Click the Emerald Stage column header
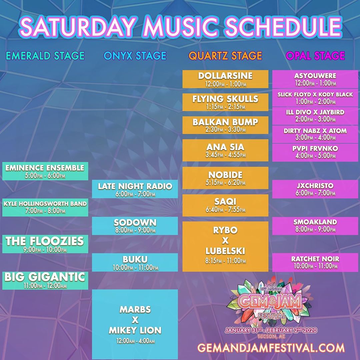tap(45, 56)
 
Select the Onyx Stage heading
tap(135, 56)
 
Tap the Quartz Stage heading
tap(225, 56)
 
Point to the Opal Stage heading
tap(315, 56)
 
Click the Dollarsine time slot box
tap(225, 79)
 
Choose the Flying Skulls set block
tap(225, 102)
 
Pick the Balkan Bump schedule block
tap(225, 125)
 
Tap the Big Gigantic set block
tap(45, 280)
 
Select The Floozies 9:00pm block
tap(45, 244)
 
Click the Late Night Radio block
tap(135, 189)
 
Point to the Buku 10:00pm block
tap(135, 262)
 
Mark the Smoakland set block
tap(315, 226)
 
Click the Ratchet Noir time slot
tap(315, 262)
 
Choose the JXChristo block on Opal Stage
tap(315, 189)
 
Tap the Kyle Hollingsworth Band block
tap(45, 207)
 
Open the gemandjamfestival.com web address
tap(271, 348)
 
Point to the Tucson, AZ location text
tap(271, 336)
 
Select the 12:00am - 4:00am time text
tap(135, 341)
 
